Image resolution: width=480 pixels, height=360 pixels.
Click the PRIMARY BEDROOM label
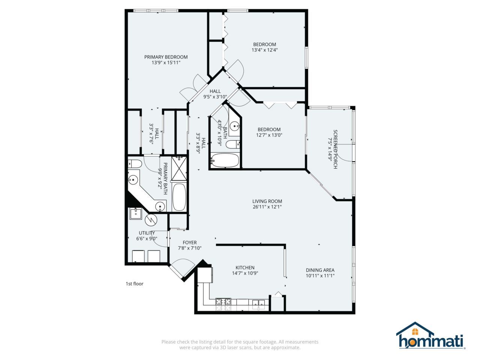[x=166, y=57]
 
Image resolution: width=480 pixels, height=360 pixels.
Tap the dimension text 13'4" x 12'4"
[x=264, y=50]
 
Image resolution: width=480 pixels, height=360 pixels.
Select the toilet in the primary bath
[x=134, y=164]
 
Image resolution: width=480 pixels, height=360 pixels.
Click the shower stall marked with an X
[x=179, y=168]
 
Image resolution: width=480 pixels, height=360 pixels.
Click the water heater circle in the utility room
[x=151, y=220]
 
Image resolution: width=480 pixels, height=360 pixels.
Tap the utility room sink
[x=135, y=214]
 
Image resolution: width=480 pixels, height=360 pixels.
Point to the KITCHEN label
[x=245, y=268]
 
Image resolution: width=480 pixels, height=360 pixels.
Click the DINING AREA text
[x=320, y=270]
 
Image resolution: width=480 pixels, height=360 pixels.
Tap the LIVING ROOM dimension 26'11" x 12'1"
[x=267, y=207]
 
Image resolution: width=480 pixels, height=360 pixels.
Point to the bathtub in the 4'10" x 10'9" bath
[x=225, y=160]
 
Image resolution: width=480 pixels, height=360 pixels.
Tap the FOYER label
[x=189, y=243]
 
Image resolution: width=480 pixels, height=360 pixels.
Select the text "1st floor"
[x=134, y=284]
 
